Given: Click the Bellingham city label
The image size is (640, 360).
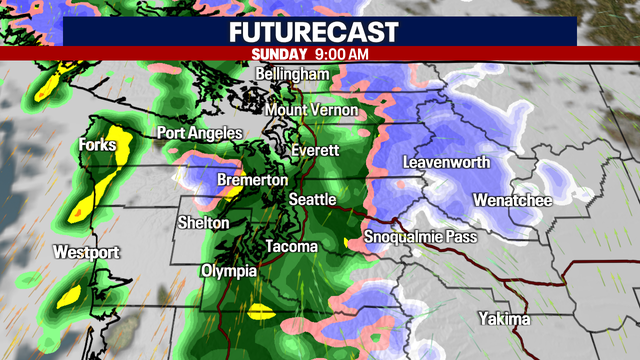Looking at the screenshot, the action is click(x=291, y=75).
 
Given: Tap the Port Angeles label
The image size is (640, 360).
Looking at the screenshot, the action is click(x=200, y=133).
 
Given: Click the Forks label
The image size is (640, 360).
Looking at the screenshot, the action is click(x=97, y=146).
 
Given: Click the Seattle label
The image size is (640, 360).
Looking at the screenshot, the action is click(x=312, y=200).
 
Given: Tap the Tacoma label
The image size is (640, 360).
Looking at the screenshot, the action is click(x=291, y=246).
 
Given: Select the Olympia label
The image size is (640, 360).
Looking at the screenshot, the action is click(x=229, y=271).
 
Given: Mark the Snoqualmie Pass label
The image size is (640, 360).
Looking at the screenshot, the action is click(x=420, y=237).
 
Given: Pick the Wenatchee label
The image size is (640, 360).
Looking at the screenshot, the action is click(x=513, y=199).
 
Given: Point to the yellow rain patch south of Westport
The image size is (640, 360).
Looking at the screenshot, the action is click(x=70, y=295).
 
